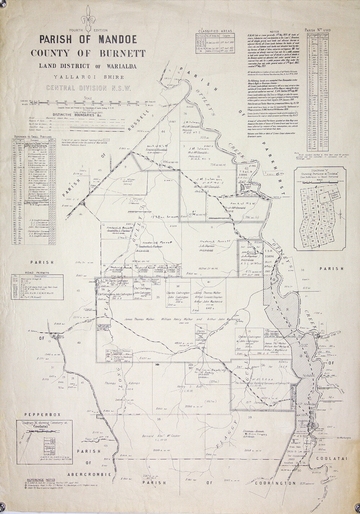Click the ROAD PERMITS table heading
[37, 273]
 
